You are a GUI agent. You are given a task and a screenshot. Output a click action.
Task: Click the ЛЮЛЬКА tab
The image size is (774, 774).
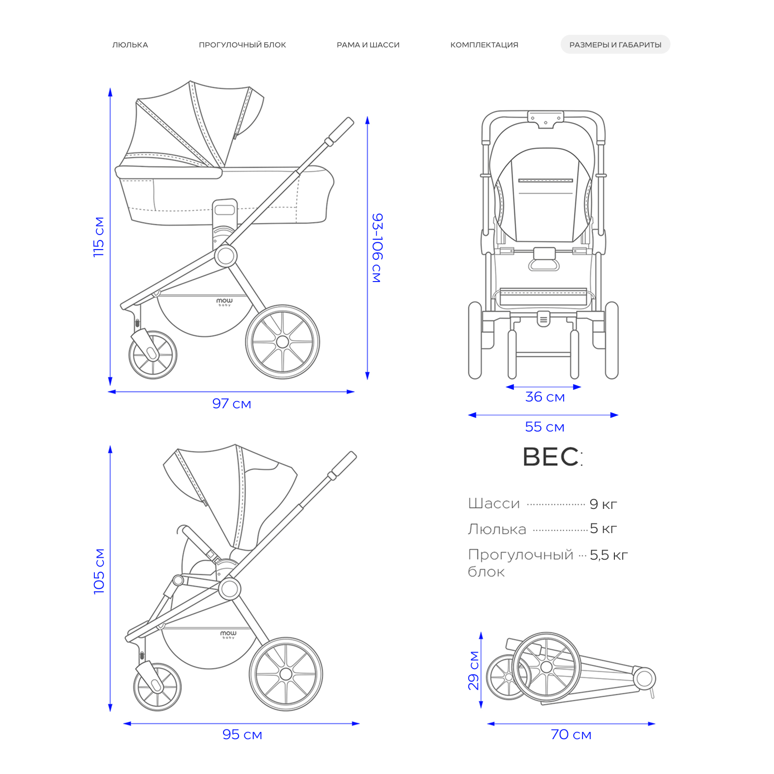coord(130,45)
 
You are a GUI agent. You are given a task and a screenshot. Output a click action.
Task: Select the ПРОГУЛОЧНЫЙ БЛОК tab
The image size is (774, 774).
coord(242,45)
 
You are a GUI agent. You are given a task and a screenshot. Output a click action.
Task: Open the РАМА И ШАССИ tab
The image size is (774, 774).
coord(368,45)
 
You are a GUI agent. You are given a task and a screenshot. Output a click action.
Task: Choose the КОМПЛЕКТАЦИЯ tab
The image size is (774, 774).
coord(484,45)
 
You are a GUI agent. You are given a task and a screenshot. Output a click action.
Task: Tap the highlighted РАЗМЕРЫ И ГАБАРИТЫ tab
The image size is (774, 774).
coord(615,45)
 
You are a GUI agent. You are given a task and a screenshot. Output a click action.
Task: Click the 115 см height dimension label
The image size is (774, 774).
coord(99,237)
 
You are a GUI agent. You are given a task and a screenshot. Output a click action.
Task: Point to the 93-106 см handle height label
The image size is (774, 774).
coord(377,248)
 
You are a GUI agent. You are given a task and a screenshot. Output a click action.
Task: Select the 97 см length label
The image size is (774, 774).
coord(232,403)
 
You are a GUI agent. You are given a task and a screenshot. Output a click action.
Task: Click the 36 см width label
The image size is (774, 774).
coord(545,397)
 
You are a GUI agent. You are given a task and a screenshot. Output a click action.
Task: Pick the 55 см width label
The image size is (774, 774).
coord(545,427)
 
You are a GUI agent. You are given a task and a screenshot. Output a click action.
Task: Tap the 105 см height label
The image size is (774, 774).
coord(99,571)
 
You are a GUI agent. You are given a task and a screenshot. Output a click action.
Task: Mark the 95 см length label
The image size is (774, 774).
coord(242,734)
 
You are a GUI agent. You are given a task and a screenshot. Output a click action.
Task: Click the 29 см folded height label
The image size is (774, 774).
coord(474,670)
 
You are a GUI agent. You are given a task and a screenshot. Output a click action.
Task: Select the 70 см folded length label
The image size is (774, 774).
coord(571,734)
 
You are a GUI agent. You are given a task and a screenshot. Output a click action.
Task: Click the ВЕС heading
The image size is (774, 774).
coord(553,457)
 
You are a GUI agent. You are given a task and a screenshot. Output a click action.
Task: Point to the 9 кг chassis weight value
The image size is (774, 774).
coord(603,504)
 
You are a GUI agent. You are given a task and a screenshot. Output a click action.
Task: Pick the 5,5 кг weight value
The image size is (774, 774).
coord(609,555)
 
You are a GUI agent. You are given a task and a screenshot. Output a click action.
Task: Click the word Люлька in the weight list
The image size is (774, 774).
coord(497,529)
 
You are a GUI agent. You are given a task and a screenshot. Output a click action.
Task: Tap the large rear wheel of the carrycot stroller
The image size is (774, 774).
coord(283,342)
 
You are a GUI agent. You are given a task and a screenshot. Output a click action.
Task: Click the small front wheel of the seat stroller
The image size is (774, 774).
coord(157,686)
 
